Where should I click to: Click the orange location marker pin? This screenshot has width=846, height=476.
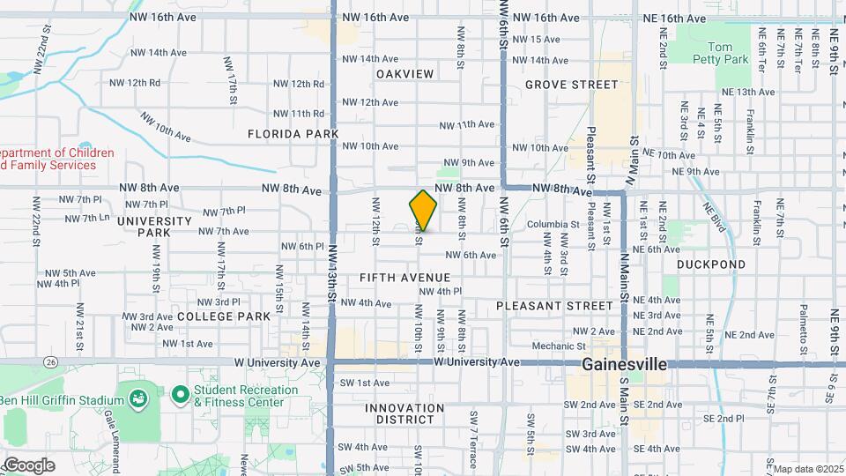(x=424, y=211)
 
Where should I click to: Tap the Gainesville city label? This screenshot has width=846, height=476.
(x=623, y=364)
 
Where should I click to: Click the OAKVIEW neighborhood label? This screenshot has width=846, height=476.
(x=404, y=74)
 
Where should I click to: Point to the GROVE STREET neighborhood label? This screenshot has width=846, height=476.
(x=572, y=85)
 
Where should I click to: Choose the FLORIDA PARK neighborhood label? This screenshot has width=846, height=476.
(x=293, y=134)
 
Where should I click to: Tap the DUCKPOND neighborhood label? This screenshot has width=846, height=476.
(x=711, y=264)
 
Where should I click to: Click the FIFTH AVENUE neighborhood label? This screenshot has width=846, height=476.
(x=404, y=278)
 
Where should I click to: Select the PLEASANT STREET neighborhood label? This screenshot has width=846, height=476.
(x=553, y=306)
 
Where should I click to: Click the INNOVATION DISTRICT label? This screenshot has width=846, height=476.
(x=404, y=414)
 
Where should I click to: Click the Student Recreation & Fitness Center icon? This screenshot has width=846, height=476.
(x=181, y=394)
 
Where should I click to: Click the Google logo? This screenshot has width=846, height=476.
(x=28, y=465)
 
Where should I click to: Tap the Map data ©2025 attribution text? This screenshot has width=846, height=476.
(x=807, y=469)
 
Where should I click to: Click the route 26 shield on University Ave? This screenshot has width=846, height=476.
(x=52, y=361)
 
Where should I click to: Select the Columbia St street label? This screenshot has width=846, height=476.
(x=553, y=225)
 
